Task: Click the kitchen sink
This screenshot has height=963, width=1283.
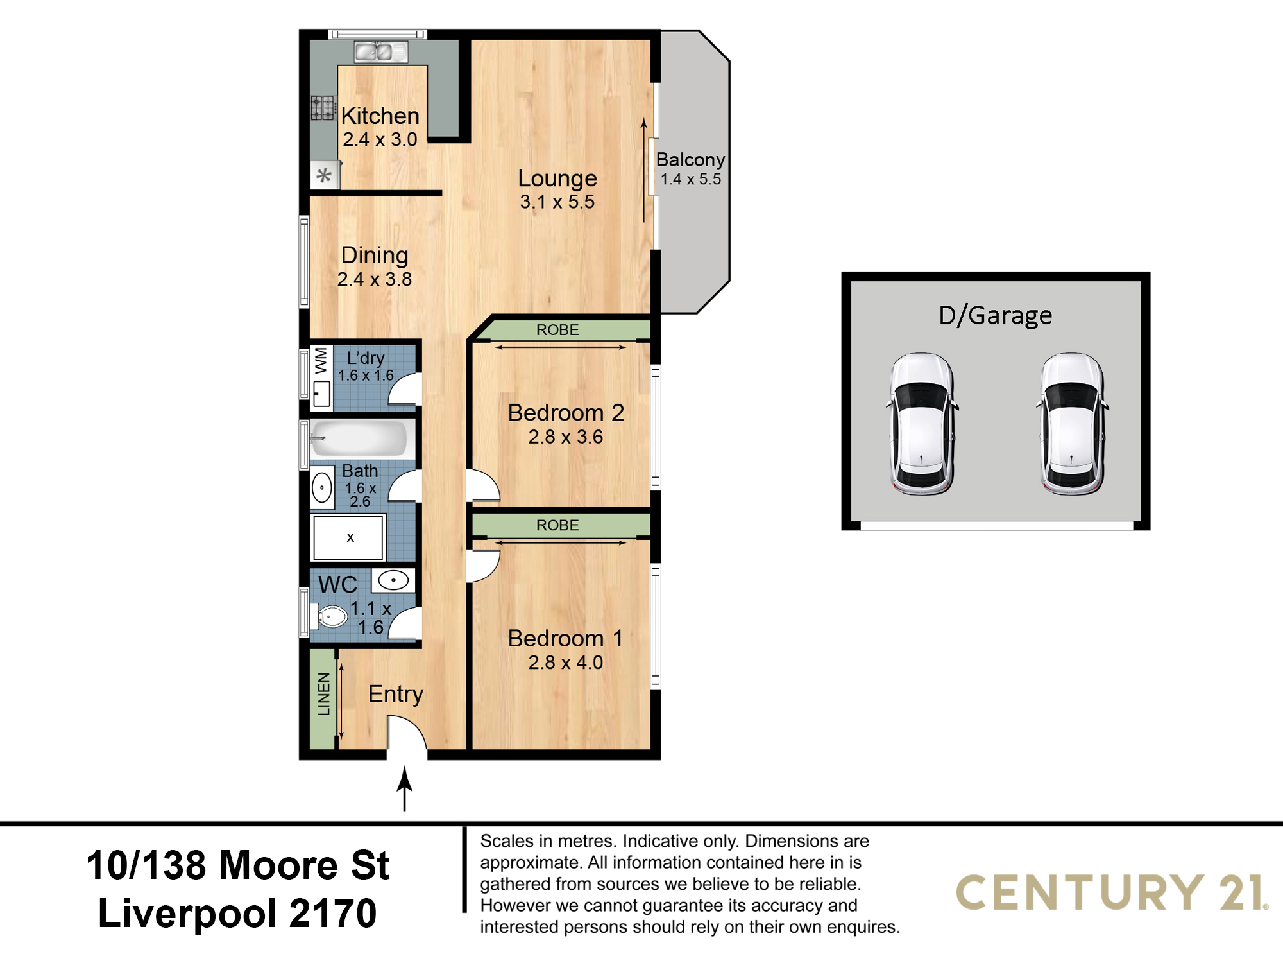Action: click(381, 51)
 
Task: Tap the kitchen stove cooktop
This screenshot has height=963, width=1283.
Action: click(323, 108)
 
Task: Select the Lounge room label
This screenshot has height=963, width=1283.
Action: click(557, 178)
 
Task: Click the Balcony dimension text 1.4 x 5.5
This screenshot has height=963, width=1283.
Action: click(691, 179)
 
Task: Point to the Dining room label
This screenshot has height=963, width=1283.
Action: click(375, 256)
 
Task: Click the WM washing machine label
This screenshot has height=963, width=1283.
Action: click(321, 360)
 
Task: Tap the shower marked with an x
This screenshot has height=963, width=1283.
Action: click(348, 537)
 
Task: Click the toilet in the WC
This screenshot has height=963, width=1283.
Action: click(329, 616)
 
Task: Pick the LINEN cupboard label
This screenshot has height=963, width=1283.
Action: click(324, 694)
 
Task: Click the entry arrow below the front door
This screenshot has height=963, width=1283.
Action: click(404, 789)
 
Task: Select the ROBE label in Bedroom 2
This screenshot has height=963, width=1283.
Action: click(557, 330)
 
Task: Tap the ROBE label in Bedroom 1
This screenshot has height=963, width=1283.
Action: click(557, 525)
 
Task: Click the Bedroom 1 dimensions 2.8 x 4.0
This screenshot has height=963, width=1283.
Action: click(565, 663)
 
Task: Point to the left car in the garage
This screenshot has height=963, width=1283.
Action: click(922, 424)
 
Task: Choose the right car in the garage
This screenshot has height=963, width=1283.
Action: click(1072, 424)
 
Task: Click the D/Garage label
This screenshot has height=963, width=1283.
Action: click(995, 316)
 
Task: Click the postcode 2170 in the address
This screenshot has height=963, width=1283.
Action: click(333, 914)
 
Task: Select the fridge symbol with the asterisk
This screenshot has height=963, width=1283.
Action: click(325, 175)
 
